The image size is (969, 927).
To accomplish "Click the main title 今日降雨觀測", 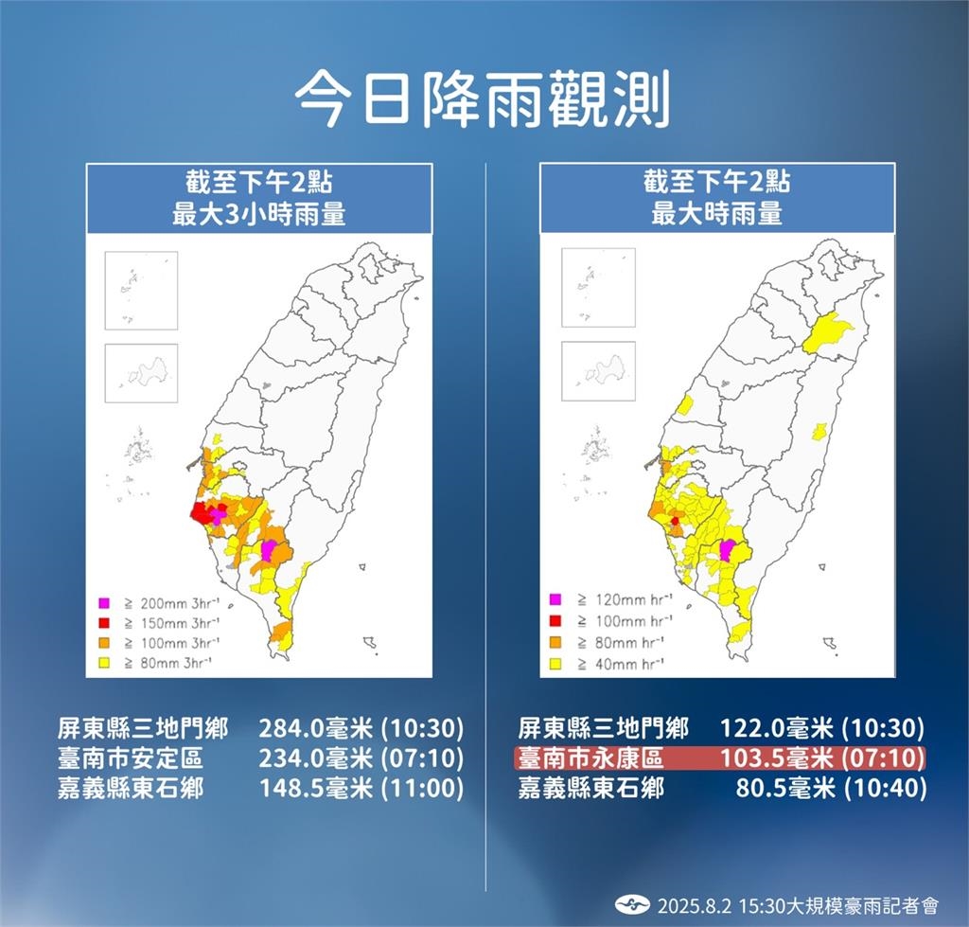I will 483,99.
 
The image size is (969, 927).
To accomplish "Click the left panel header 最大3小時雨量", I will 258,213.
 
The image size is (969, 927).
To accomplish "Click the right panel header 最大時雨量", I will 716,213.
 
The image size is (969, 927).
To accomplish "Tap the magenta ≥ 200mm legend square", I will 105,602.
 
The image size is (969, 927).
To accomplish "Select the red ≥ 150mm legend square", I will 105,622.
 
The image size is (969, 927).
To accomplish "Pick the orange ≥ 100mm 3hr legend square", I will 105,642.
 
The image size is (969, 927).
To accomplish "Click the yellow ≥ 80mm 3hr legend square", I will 105,662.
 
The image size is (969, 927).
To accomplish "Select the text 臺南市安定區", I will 130,758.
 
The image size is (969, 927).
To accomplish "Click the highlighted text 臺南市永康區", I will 591,758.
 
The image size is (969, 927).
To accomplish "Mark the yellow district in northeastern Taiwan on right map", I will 829,332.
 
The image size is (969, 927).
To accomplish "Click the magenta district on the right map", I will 727,550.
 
